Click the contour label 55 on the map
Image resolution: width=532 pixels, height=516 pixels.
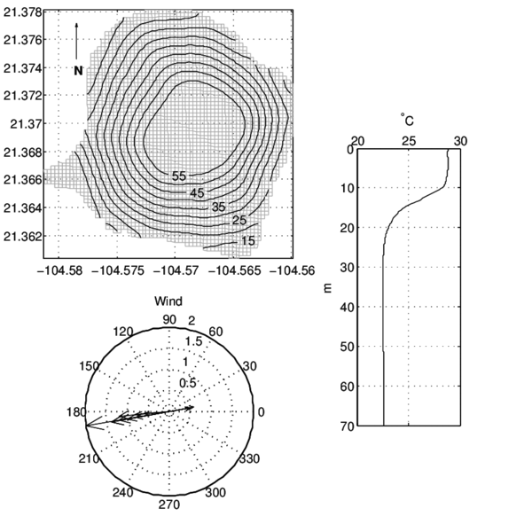pos(179,176)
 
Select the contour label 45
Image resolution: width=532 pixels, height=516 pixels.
pos(197,193)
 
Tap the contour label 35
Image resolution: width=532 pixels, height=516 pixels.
pos(218,207)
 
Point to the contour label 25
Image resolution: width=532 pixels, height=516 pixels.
pos(239,220)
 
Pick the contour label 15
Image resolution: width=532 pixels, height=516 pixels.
pos(247,241)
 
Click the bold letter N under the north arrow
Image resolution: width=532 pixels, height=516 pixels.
pos(78,71)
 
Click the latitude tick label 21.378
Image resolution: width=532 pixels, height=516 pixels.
pos(23,12)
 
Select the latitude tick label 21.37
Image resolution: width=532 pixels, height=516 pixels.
pos(26,124)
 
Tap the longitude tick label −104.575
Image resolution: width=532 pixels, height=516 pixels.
pos(119,270)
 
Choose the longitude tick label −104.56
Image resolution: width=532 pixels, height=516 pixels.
pos(292,270)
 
